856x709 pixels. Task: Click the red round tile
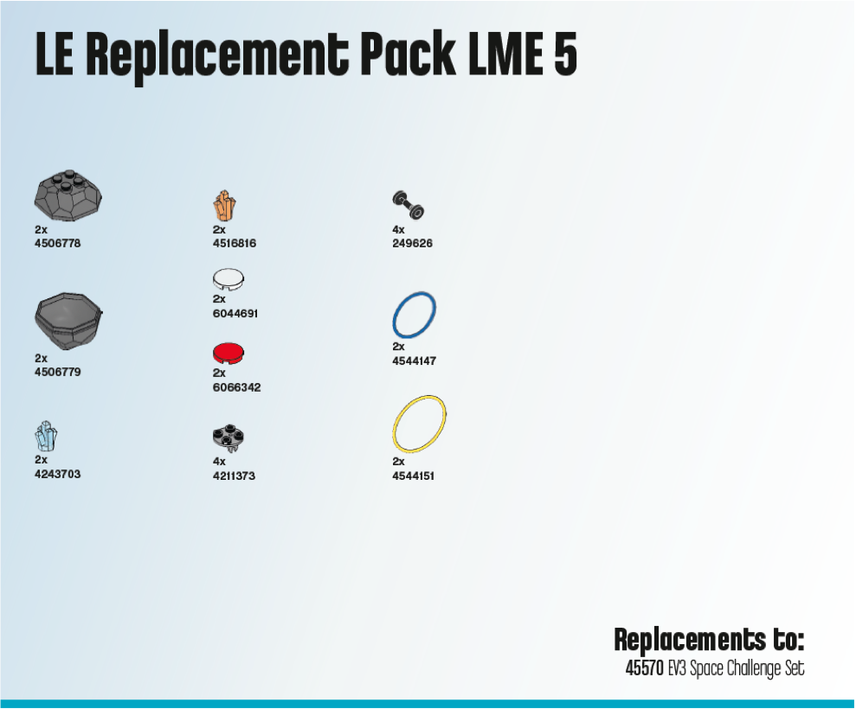(229, 354)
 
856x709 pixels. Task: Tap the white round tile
(229, 279)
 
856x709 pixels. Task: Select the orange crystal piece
(225, 206)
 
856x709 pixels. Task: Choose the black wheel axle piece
(409, 205)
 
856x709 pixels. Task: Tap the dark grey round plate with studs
(229, 438)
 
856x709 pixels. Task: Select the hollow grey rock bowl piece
(68, 321)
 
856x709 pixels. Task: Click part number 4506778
(58, 244)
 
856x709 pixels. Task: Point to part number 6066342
(236, 387)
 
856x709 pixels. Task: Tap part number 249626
(413, 244)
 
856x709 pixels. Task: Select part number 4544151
(414, 476)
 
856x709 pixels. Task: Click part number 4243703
(58, 474)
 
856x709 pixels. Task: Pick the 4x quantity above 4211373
(219, 462)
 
